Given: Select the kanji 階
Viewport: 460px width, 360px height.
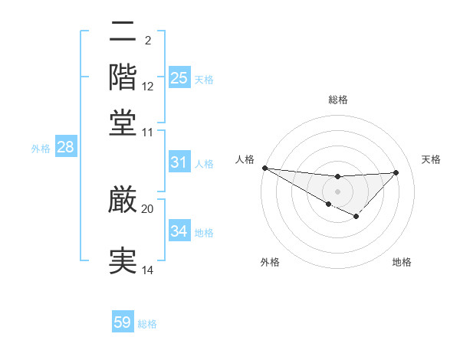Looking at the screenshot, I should click(123, 77).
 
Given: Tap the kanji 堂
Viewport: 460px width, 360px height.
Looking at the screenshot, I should click(123, 123).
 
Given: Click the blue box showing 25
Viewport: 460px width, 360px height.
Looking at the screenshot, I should click(179, 77).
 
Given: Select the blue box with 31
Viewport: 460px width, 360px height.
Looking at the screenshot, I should click(179, 162).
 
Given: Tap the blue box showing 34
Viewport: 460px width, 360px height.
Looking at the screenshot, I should click(179, 231).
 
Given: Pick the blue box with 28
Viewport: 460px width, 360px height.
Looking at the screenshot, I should click(65, 147).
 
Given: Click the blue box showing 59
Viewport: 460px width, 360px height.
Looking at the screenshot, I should click(123, 322).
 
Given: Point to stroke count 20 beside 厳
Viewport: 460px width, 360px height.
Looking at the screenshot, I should click(147, 208).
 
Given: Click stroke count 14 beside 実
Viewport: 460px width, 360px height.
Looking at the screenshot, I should click(147, 270).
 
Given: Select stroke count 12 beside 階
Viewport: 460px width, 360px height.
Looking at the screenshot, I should click(148, 86).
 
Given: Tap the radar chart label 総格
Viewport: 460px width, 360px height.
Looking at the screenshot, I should click(337, 100).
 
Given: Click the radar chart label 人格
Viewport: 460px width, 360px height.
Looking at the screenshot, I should click(245, 159).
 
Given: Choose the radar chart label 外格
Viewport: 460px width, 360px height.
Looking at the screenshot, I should click(269, 262).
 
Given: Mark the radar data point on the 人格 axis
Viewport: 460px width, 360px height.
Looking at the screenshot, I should click(264, 168).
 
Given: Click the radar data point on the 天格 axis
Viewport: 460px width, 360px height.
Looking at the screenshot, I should click(396, 172).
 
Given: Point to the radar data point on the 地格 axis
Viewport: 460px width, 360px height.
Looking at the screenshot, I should click(356, 217).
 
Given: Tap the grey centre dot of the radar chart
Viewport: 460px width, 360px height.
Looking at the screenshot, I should click(337, 191).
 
